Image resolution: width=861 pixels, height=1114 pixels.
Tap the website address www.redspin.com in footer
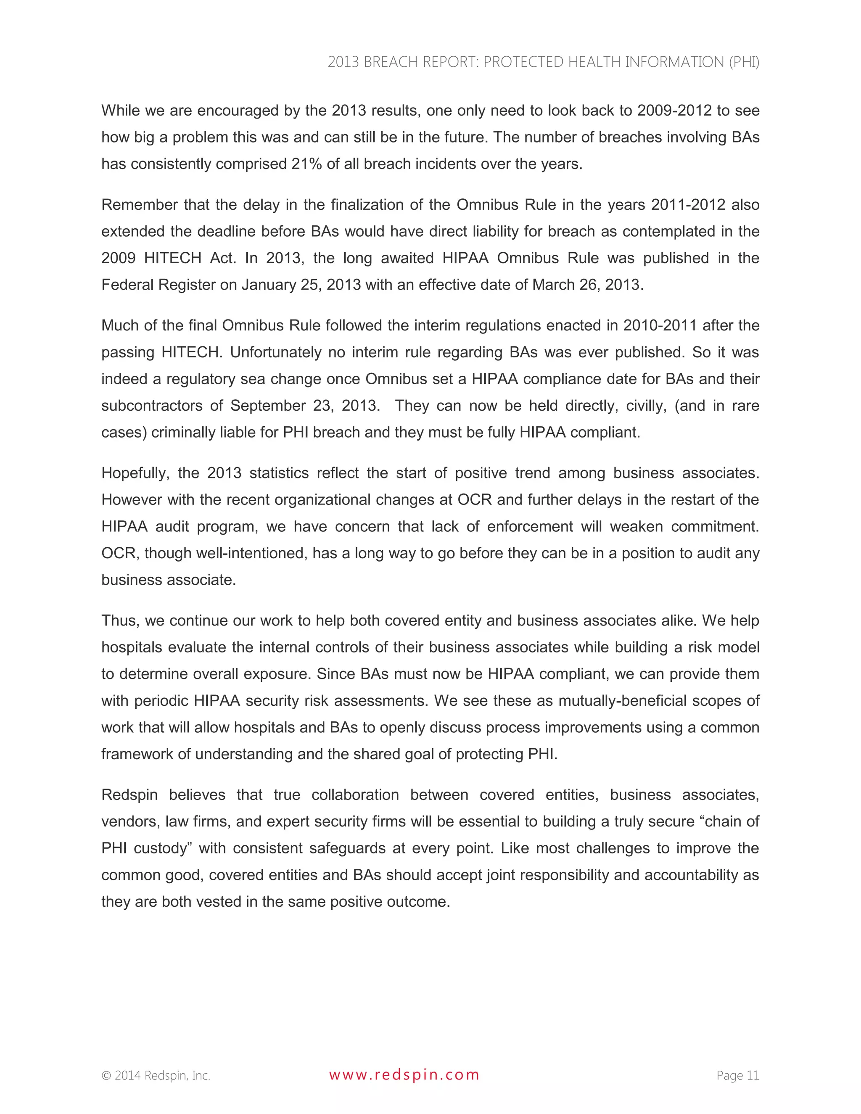pos(404,1075)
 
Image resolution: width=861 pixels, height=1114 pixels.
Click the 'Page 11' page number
pos(737,1075)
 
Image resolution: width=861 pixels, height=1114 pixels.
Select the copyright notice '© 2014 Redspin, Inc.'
pos(156,1076)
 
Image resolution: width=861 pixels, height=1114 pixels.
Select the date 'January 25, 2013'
pos(301,285)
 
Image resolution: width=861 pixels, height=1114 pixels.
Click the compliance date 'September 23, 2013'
pos(304,406)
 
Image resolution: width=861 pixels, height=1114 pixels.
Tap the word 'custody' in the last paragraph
pos(162,848)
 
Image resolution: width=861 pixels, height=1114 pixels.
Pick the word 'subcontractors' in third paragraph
pos(151,406)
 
